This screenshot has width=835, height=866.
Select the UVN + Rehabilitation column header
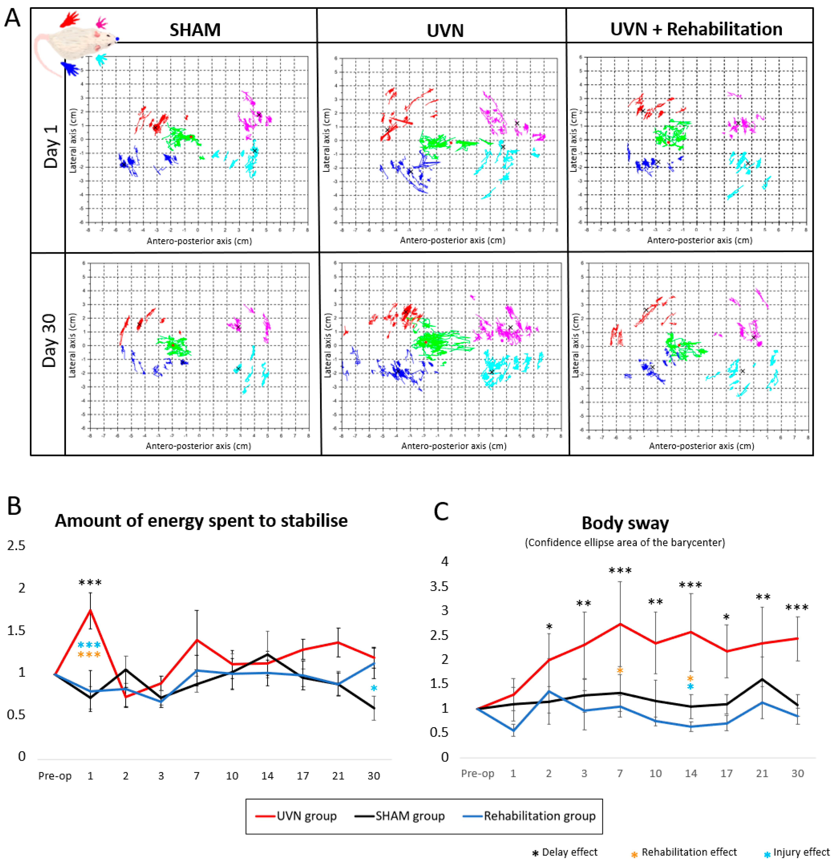[x=696, y=29]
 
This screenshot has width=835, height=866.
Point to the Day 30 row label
[x=50, y=340]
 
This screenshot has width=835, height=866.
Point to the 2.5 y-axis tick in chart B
[x=16, y=546]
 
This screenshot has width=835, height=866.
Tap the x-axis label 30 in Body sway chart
[x=797, y=773]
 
